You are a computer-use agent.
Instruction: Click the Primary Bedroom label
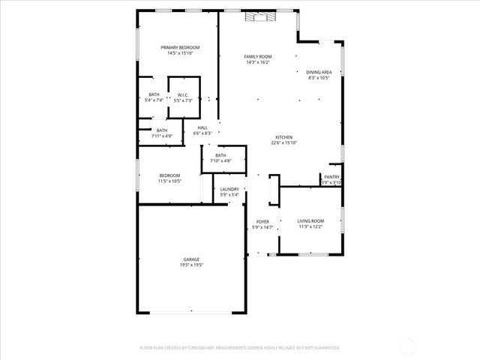179,47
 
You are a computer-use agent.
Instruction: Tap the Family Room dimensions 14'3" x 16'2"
258,62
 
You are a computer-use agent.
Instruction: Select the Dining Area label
319,72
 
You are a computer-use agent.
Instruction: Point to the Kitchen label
283,137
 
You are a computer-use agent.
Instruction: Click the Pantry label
331,177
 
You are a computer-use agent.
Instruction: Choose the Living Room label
310,220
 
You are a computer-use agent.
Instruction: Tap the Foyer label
262,222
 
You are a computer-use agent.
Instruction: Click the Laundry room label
229,189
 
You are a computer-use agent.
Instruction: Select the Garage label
191,259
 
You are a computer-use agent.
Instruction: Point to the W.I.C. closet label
183,94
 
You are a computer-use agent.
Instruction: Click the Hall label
202,127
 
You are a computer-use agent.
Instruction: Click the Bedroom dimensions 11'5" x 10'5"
169,181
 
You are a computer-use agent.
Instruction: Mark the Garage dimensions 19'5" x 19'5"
191,265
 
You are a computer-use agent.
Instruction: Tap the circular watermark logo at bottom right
409,346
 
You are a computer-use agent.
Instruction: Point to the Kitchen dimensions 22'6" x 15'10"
283,143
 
